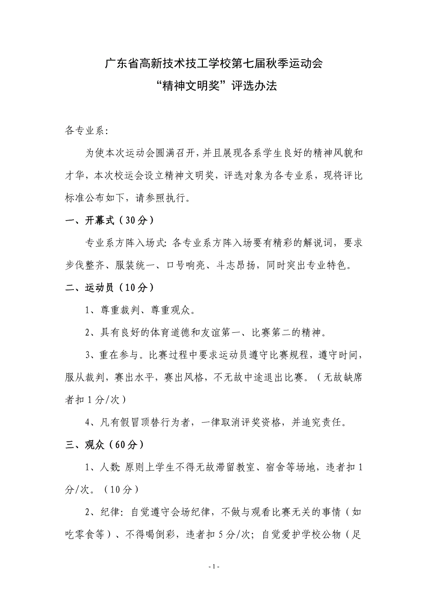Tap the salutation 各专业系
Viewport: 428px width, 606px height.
[85, 131]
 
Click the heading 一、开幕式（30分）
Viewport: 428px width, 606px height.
[109, 221]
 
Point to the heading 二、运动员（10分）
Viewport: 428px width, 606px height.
[109, 288]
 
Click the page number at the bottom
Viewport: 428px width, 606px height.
[214, 567]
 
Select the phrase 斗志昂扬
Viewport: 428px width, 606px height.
[236, 265]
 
